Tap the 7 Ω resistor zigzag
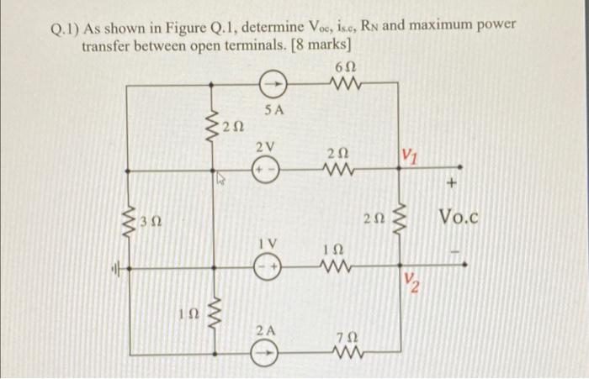point(340,350)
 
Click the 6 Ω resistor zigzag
point(342,84)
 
